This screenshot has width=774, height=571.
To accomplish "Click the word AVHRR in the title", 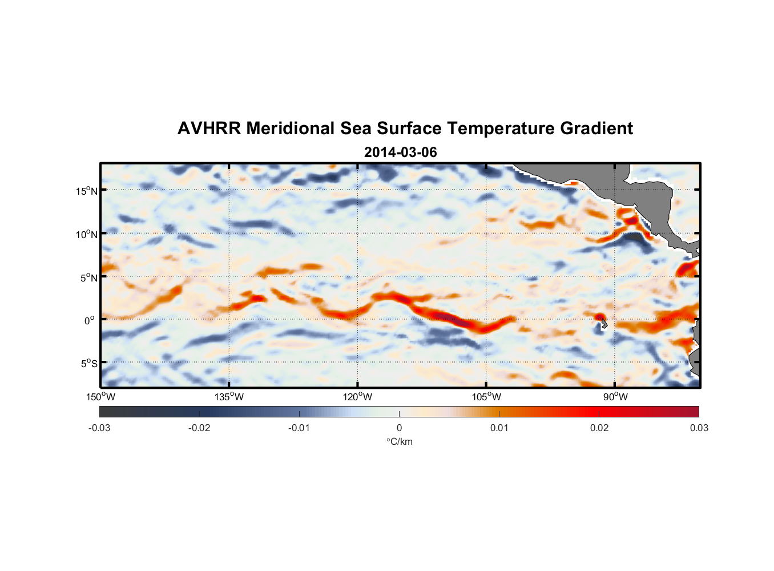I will pos(209,128).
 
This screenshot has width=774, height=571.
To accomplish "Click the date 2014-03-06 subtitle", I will pos(400,152).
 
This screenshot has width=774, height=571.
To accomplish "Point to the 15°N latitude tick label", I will pos(87,191).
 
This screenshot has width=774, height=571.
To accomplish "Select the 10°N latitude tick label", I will pos(87,234).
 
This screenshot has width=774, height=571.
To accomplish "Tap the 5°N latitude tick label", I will pos(88,278).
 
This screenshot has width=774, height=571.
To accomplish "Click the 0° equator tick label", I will pos(90,320).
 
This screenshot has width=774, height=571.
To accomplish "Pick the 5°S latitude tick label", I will pos(88,364).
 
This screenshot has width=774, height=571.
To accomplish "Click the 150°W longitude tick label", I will pos(101,397).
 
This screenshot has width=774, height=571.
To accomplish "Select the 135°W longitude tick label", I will pos(229,397).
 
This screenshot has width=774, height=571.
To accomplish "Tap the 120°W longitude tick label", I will pos(358,397).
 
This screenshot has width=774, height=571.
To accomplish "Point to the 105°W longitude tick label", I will pos(486,397).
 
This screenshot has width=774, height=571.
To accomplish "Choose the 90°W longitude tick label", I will pos(616,397).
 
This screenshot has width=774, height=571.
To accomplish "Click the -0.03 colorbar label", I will pos(99,428).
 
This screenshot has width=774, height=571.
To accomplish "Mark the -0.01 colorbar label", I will pos(299,428).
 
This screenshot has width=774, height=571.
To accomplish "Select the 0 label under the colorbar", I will pos(399,428).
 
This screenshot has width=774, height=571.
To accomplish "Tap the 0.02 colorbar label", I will pos(599,428).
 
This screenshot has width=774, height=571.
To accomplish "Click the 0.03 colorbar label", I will pos(699,428).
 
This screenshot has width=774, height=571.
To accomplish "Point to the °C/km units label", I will pos(400,441).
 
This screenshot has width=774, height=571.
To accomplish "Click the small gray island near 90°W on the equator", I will pos(604,325).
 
